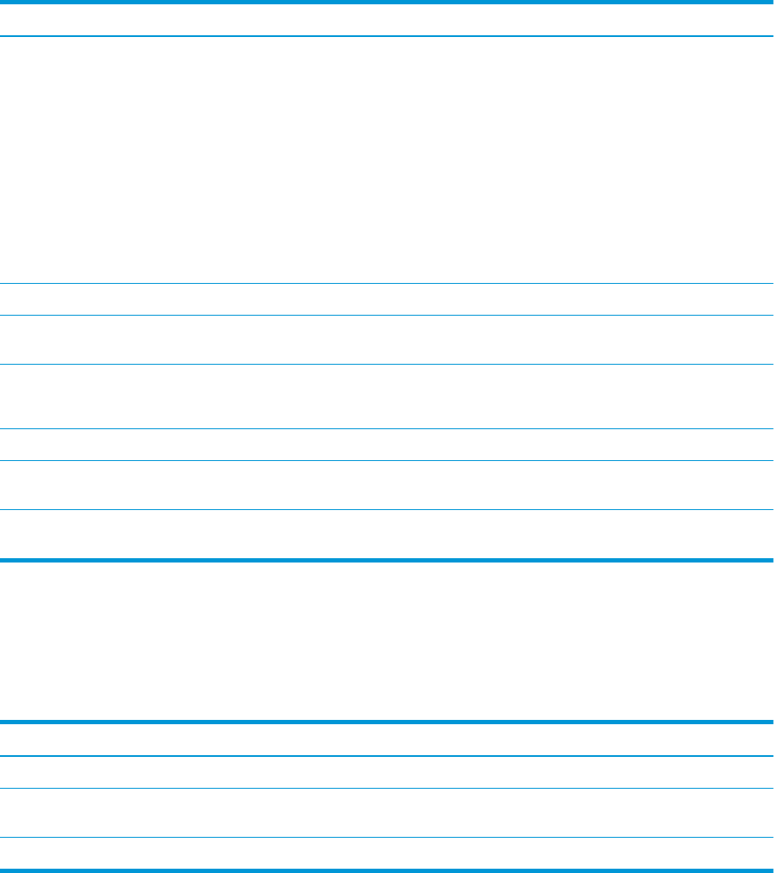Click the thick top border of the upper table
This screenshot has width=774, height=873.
(x=387, y=2)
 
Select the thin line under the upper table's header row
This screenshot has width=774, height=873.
(x=387, y=36)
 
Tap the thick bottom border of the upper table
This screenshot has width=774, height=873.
(x=387, y=560)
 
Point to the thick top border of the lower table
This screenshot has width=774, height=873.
(x=387, y=722)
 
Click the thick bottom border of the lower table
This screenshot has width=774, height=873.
(x=387, y=870)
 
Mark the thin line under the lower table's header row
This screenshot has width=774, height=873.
(x=387, y=756)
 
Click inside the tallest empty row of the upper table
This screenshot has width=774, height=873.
(x=387, y=160)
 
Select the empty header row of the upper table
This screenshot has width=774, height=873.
(x=387, y=20)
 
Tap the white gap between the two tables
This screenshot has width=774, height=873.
(x=387, y=641)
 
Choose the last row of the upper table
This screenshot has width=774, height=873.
(x=387, y=534)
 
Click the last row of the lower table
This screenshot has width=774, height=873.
(x=387, y=854)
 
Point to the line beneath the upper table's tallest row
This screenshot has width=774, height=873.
(x=387, y=283)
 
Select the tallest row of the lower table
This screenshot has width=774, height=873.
(x=387, y=813)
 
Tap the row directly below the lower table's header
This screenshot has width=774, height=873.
(x=387, y=772)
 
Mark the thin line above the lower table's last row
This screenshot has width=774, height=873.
(x=387, y=838)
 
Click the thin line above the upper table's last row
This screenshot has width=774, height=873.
(x=387, y=509)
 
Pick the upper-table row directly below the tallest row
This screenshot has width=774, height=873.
(x=387, y=299)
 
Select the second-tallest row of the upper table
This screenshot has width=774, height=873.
(x=387, y=397)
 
